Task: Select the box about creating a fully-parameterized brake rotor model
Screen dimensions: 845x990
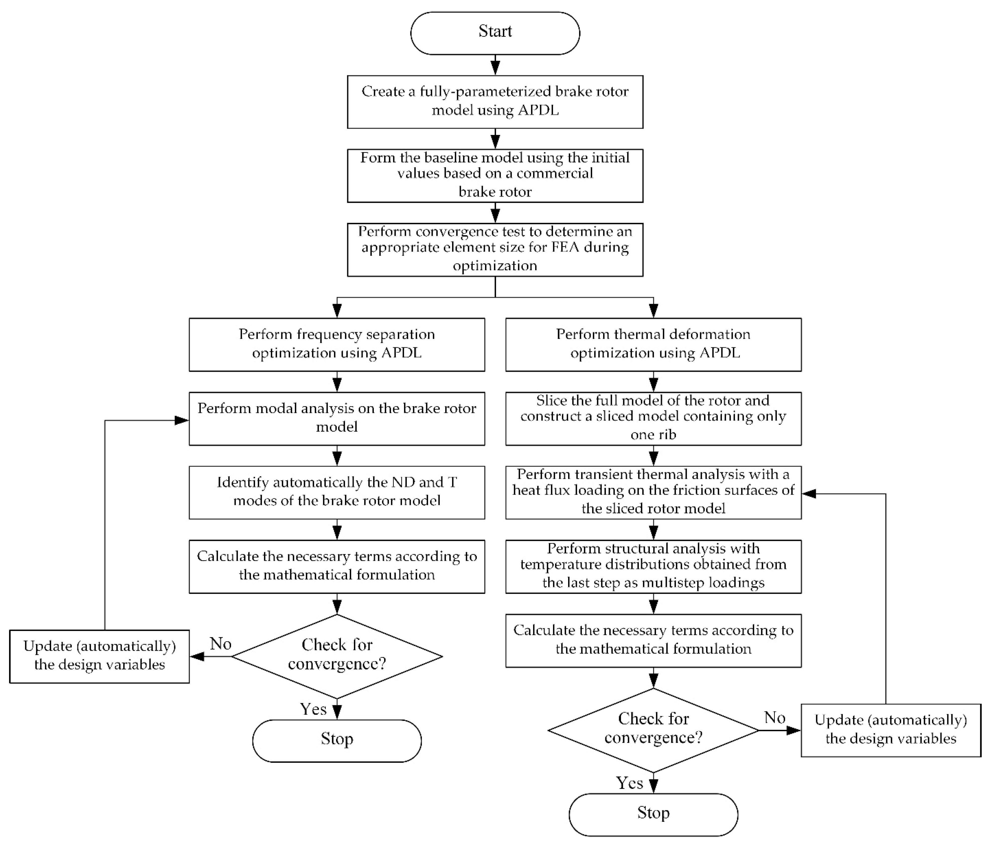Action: coord(495,102)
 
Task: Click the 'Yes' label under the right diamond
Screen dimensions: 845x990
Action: coord(629,783)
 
